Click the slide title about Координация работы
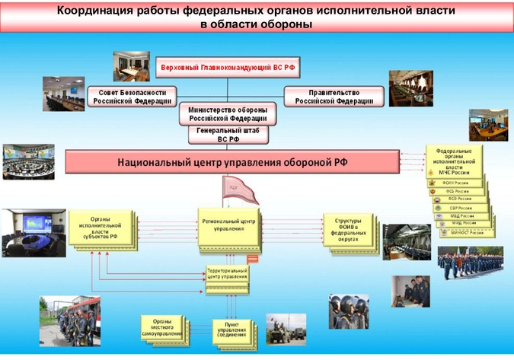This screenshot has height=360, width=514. tap(257, 16)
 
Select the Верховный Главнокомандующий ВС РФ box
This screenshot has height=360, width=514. tap(228, 67)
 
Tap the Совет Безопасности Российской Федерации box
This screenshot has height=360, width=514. tap(131, 96)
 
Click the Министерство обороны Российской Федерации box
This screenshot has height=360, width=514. tap(228, 114)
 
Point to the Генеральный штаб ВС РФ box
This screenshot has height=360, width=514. tap(228, 135)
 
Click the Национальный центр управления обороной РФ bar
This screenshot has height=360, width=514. tap(232, 162)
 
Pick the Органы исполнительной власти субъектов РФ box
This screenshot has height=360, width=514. tap(100, 228)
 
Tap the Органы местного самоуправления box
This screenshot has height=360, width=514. tap(161, 327)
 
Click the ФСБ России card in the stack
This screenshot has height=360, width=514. tap(460, 191)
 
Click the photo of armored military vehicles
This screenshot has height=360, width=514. tap(286, 328)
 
